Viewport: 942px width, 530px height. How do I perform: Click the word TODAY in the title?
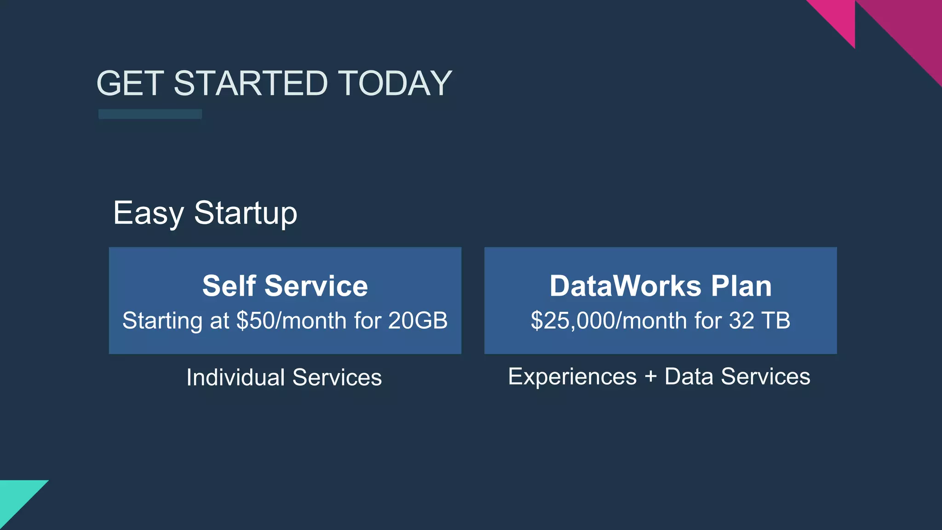[x=395, y=83]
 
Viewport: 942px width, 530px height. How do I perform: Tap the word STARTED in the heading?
[x=250, y=83]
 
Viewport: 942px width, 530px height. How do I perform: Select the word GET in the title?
[x=130, y=83]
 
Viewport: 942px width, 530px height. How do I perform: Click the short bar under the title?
[x=150, y=114]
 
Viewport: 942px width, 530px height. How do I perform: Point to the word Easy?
[x=148, y=213]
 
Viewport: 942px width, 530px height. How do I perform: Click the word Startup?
[x=246, y=213]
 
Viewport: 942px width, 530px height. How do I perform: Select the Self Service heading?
[x=285, y=286]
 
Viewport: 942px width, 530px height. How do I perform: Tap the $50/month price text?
[x=291, y=321]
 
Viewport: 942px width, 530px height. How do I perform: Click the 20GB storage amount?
[x=418, y=321]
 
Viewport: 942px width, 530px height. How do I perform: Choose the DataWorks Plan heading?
[x=661, y=286]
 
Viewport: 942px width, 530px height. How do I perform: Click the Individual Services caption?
[x=284, y=377]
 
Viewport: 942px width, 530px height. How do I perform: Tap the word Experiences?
[x=572, y=376]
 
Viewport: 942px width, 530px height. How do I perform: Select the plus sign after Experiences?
[x=650, y=377]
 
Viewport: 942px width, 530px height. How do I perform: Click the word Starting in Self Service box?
[x=162, y=321]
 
